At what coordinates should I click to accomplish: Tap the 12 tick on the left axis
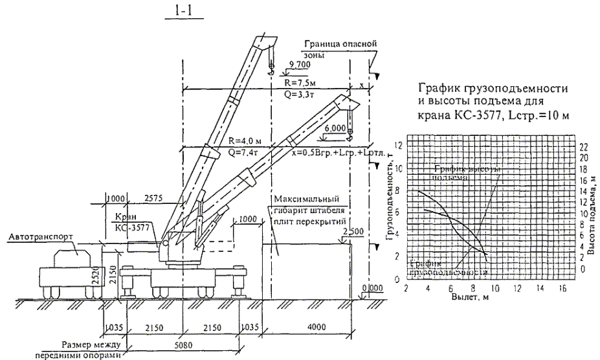(x=399, y=146)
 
